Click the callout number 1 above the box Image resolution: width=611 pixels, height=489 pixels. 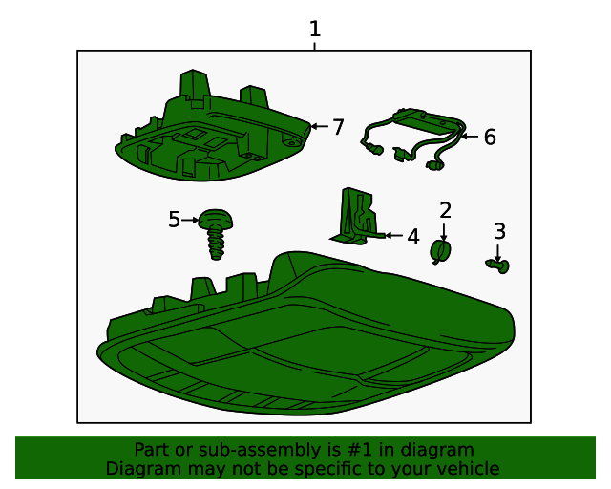315,30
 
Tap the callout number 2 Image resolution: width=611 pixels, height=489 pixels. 445,210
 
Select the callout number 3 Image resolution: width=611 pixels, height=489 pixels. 499,231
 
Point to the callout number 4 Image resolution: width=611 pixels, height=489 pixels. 413,237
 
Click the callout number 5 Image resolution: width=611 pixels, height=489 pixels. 174,220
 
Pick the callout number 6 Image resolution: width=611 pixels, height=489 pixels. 490,137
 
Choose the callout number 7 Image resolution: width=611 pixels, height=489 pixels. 338,127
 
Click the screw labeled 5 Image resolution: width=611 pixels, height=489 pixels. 216,234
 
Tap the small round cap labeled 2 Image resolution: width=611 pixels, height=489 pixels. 440,251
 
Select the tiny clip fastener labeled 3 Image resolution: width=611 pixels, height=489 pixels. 498,266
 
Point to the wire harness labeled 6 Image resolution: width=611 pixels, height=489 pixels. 413,138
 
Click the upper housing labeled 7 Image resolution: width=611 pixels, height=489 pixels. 212,129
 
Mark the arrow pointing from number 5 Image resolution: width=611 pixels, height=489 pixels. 190,220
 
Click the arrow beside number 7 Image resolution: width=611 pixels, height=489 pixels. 320,126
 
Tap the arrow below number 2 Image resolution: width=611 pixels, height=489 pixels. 444,232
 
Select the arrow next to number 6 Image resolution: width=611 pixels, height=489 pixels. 470,137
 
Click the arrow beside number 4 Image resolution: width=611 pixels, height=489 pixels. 393,235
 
